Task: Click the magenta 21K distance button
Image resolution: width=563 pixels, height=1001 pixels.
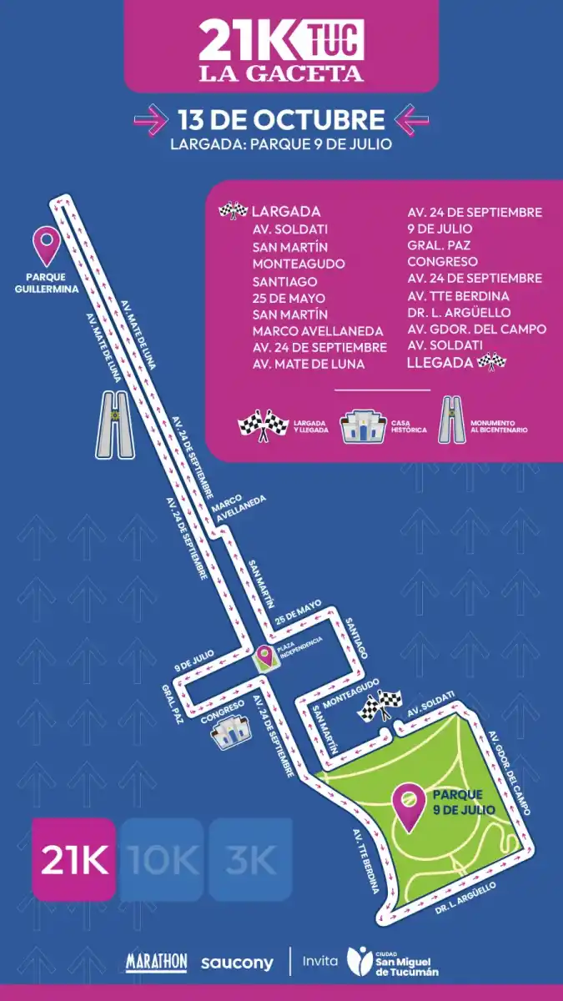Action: [73, 860]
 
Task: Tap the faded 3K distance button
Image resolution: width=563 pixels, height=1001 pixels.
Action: [250, 860]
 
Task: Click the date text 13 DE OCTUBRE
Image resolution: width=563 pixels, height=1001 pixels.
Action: [280, 119]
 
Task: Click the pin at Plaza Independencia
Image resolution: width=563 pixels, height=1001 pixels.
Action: [266, 658]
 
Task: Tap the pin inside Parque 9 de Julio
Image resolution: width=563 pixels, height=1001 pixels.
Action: [409, 807]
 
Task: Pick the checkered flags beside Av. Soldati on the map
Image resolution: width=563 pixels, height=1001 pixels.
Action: [380, 706]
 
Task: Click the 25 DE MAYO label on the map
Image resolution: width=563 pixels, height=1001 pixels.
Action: [298, 617]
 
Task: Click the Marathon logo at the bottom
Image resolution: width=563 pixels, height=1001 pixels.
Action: [156, 962]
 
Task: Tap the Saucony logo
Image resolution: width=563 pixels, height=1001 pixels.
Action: [237, 963]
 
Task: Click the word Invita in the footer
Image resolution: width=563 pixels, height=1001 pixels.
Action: [320, 961]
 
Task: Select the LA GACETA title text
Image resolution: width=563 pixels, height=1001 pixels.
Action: [281, 73]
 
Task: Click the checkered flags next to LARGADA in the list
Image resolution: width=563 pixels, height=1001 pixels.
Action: [233, 211]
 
